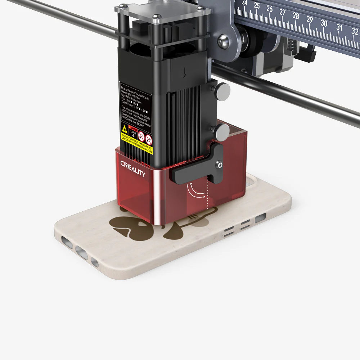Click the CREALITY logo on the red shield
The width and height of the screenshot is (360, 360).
pyautogui.click(x=133, y=168)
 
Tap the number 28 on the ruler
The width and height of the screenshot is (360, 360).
pyautogui.click(x=296, y=16)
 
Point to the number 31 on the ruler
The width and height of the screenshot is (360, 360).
pyautogui.click(x=339, y=27)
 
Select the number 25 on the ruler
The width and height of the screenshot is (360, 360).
pyautogui.click(x=257, y=5)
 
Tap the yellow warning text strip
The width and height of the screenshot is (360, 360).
pyautogui.click(x=137, y=144)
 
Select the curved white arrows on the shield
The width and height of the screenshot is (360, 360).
pyautogui.click(x=195, y=190)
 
